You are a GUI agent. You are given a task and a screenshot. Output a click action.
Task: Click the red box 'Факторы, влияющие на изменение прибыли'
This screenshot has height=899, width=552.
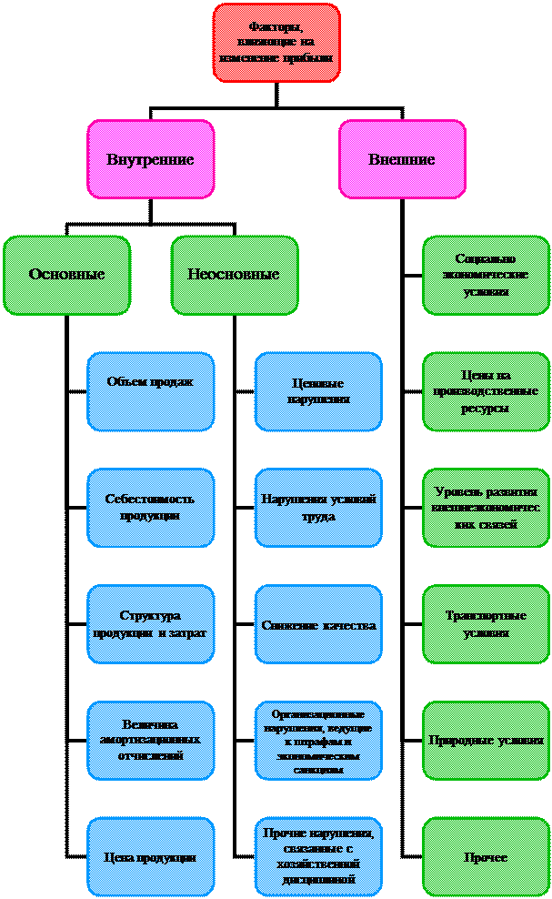click(276, 42)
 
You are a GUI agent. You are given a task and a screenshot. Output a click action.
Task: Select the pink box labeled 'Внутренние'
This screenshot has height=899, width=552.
click(151, 159)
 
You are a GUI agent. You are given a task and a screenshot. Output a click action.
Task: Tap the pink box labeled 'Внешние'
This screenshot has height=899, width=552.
click(402, 159)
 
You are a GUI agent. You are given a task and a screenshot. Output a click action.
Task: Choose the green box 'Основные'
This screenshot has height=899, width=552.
click(66, 275)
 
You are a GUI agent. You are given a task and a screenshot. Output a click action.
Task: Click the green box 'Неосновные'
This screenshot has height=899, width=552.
click(235, 275)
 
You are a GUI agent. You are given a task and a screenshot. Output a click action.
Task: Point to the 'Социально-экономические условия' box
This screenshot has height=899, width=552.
click(486, 275)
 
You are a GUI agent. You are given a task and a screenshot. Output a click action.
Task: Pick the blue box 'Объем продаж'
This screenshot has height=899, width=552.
click(151, 391)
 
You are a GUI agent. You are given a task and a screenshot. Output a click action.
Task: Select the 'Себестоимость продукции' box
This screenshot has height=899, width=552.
click(151, 508)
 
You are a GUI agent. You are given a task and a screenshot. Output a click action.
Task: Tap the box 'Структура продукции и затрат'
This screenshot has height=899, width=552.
click(151, 624)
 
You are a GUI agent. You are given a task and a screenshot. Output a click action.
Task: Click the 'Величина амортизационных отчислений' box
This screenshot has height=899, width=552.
click(151, 741)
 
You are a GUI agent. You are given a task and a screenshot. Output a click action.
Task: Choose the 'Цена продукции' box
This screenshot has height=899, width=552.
click(151, 857)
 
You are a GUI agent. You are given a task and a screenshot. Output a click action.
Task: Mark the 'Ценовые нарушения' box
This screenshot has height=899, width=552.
click(318, 391)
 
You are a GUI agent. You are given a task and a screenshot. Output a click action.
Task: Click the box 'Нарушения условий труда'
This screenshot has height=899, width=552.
click(318, 508)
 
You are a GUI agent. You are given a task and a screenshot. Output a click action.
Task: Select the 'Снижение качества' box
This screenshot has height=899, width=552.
click(318, 624)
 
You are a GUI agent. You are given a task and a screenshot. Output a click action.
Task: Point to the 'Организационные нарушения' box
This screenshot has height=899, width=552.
click(318, 741)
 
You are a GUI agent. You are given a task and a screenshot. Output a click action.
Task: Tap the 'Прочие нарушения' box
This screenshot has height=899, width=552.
click(318, 857)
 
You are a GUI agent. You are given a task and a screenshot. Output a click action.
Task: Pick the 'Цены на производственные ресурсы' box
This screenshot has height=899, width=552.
click(486, 391)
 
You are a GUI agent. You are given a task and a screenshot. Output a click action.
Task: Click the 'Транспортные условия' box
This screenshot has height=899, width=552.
click(486, 624)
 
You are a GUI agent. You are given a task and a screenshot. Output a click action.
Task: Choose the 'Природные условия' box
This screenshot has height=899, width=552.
click(486, 741)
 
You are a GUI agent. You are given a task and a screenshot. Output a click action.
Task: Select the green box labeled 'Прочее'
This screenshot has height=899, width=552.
click(486, 857)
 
